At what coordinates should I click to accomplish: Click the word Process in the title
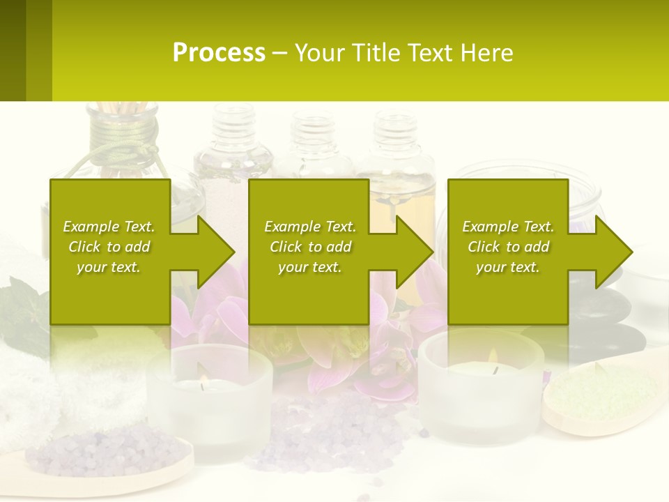coord(219,53)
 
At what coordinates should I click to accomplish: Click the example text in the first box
coord(109,247)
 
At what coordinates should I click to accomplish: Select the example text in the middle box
coord(310,247)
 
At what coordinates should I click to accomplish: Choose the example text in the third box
coord(508,247)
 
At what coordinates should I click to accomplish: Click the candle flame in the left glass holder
coord(203,382)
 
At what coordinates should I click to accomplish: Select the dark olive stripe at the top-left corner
coord(13,50)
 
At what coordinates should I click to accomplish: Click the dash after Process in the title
coord(279,53)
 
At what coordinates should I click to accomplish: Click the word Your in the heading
coord(319,53)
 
